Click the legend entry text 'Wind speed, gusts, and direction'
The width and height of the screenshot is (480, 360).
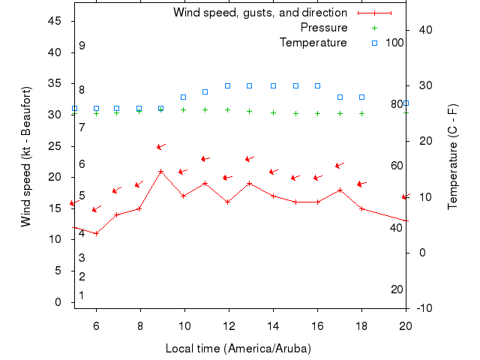point(259,13)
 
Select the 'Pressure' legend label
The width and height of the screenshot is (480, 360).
point(324,28)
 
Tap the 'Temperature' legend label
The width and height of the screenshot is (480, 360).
point(313,43)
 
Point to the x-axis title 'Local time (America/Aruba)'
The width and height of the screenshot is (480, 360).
point(238,349)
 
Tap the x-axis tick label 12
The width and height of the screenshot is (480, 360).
point(228,325)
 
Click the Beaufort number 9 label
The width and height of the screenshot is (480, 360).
point(82,46)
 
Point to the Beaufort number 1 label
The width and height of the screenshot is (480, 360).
point(82,295)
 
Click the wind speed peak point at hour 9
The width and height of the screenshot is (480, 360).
point(161,171)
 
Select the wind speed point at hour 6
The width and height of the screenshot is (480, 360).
point(96,233)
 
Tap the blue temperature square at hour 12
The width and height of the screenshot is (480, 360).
point(228,85)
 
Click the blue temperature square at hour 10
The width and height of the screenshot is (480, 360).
point(184,97)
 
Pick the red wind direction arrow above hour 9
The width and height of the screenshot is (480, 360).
point(160,146)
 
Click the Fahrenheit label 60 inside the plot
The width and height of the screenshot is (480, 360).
point(397,166)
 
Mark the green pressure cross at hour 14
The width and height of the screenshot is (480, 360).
point(273,112)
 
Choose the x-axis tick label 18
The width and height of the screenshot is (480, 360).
point(361,325)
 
